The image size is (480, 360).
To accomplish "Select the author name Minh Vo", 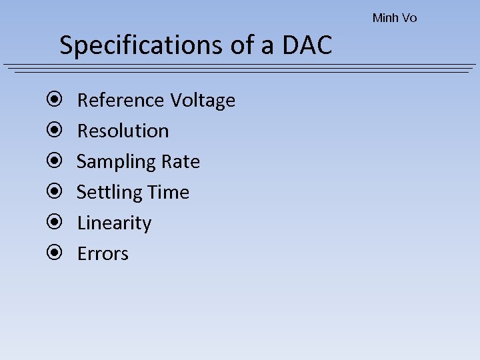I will (395, 18).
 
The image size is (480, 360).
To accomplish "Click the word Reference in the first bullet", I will (121, 101).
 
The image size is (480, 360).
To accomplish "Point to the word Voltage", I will (203, 101).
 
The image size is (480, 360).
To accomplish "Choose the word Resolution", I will (123, 131).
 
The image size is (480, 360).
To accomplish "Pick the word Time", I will (167, 193).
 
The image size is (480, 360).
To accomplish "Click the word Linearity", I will (114, 223).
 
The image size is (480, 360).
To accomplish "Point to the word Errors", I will (103, 254).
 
